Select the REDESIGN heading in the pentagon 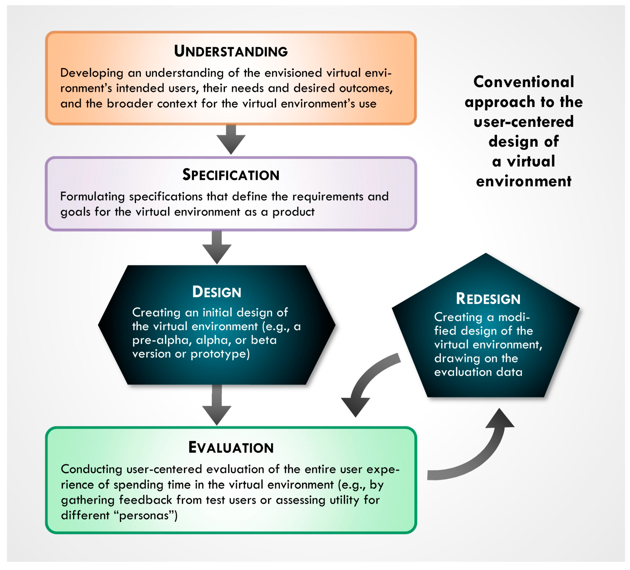click(x=488, y=299)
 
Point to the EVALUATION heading click(x=231, y=448)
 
